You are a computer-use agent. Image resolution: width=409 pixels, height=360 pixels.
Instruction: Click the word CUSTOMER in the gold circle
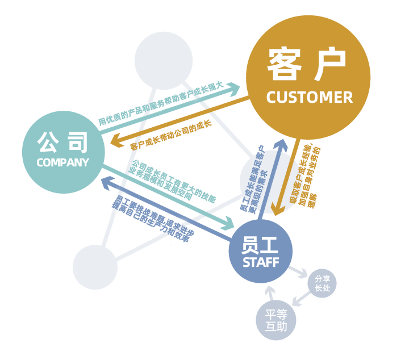click(x=309, y=97)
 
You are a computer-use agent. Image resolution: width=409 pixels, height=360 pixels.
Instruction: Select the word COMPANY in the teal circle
click(x=62, y=162)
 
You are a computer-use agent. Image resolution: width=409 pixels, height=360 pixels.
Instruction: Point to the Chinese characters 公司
click(x=62, y=142)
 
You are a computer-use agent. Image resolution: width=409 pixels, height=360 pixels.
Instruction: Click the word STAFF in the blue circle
click(x=261, y=263)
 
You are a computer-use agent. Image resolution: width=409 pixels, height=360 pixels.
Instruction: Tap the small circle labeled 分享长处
click(x=322, y=283)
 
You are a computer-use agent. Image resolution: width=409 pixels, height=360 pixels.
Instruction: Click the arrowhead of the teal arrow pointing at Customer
click(x=235, y=89)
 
